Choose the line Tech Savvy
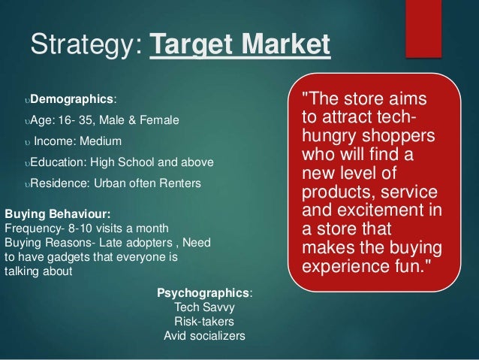point(203,307)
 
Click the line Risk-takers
point(203,322)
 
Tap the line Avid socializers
point(203,336)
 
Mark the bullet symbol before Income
point(27,142)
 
